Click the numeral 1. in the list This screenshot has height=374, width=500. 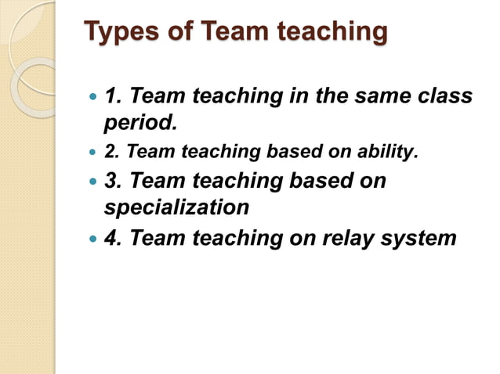(x=114, y=97)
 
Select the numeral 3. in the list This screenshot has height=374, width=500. (x=114, y=181)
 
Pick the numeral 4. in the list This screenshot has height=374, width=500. (x=114, y=237)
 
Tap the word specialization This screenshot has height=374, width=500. (x=176, y=208)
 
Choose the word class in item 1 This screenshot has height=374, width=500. (x=446, y=97)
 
